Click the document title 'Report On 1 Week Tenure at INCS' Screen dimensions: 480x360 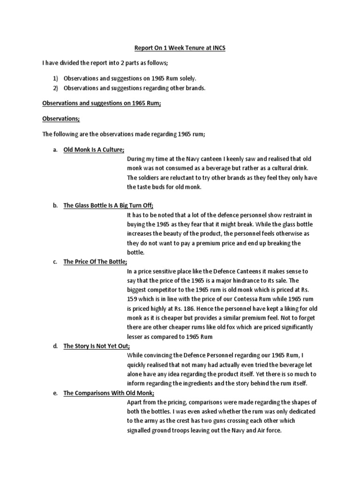(x=180, y=48)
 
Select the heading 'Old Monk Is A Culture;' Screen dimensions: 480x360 (x=94, y=150)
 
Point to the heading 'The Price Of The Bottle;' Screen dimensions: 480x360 (x=95, y=262)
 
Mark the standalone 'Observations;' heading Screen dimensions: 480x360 (x=60, y=119)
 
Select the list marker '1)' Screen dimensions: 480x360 (x=54, y=79)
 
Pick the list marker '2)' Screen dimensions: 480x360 (x=54, y=88)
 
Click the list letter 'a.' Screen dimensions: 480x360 (x=54, y=150)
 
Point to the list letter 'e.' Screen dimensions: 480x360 (x=54, y=393)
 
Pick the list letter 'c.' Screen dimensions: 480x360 (x=54, y=262)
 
